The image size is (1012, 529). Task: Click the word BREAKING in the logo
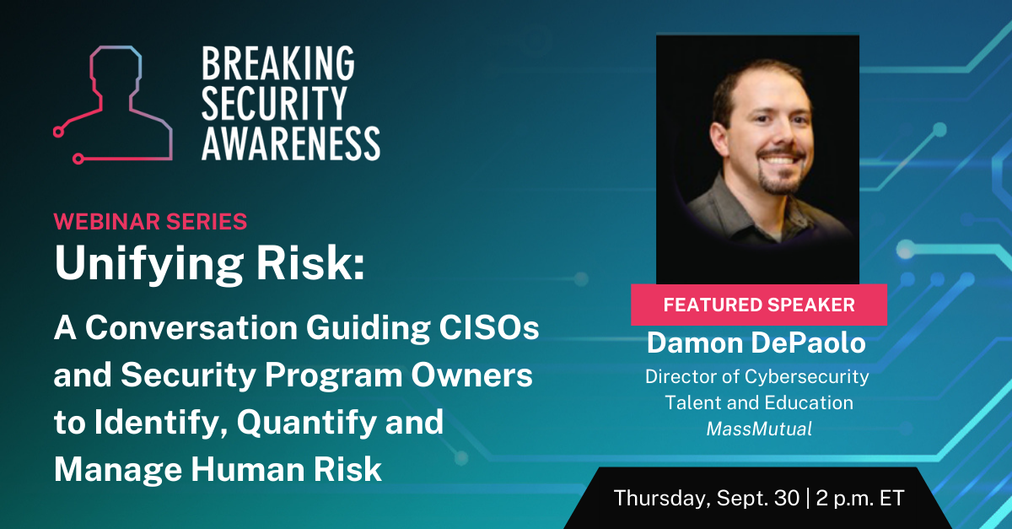pyautogui.click(x=277, y=63)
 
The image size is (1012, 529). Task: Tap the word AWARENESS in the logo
pyautogui.click(x=290, y=143)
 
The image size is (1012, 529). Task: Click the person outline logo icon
pyautogui.click(x=113, y=105)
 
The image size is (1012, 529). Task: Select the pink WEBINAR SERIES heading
pyautogui.click(x=150, y=222)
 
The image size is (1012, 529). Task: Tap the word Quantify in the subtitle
pyautogui.click(x=306, y=423)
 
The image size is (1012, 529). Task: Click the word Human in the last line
pyautogui.click(x=247, y=469)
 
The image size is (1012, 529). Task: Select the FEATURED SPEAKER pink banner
pyautogui.click(x=759, y=305)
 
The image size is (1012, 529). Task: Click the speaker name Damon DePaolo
pyautogui.click(x=756, y=343)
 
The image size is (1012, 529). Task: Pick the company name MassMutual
pyautogui.click(x=759, y=429)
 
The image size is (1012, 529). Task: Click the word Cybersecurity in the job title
pyautogui.click(x=807, y=376)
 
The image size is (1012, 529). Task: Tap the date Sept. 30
pyautogui.click(x=758, y=498)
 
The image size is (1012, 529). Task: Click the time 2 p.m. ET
pyautogui.click(x=861, y=498)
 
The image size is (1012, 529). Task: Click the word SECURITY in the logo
pyautogui.click(x=274, y=103)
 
